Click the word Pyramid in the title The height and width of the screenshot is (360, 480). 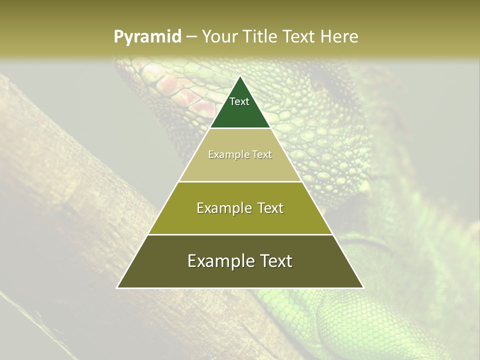click(x=147, y=37)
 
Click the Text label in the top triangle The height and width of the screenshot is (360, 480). click(x=239, y=101)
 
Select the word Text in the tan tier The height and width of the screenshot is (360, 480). click(x=262, y=154)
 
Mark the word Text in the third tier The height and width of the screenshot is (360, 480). click(x=270, y=208)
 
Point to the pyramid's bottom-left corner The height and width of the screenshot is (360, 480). click(x=117, y=287)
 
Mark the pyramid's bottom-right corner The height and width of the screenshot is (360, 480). click(x=363, y=287)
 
